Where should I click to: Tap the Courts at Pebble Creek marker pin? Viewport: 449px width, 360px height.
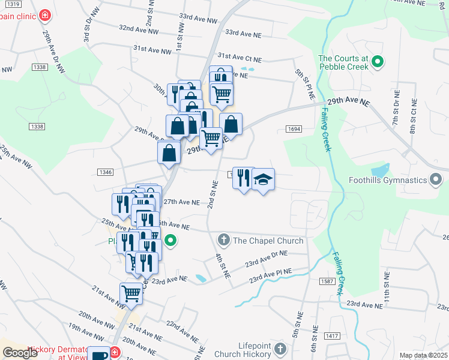click(x=378, y=61)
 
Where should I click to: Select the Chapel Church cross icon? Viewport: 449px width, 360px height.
click(x=223, y=241)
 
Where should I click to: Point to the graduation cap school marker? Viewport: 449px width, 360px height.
click(x=263, y=180)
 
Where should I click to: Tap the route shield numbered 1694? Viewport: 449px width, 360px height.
click(x=294, y=128)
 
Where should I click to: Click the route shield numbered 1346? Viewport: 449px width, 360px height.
click(x=104, y=172)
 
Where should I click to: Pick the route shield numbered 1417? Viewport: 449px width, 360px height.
click(x=332, y=336)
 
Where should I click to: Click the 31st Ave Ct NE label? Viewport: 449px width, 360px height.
click(x=240, y=57)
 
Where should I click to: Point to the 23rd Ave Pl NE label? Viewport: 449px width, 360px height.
click(x=271, y=275)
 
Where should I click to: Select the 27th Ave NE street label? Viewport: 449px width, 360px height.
click(x=181, y=202)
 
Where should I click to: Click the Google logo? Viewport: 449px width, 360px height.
click(x=20, y=353)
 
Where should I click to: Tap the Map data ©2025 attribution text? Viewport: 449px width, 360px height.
click(x=423, y=355)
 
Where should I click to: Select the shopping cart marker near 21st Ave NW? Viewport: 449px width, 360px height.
click(x=131, y=294)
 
